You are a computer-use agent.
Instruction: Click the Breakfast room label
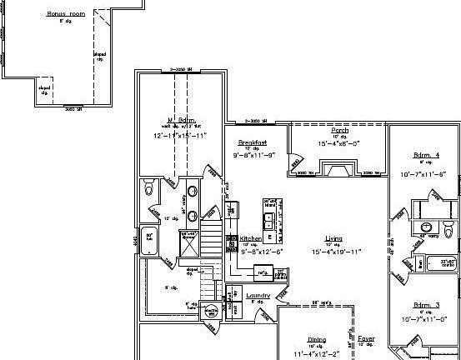point(252,142)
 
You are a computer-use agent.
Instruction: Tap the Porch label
point(340,131)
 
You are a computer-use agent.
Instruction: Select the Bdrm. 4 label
point(426,156)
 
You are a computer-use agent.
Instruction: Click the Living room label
point(333,238)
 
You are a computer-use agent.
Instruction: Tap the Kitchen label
point(251,238)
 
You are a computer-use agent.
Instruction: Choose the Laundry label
point(258,295)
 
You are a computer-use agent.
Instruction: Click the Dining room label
point(317,339)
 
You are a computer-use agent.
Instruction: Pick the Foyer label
point(366,339)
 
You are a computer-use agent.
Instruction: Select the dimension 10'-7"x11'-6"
point(424,174)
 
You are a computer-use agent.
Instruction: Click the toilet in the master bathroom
point(149,188)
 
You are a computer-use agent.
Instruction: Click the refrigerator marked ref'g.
point(262,272)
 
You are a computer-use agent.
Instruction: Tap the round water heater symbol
point(212,312)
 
